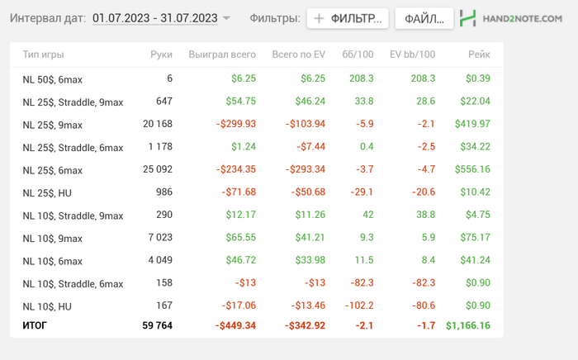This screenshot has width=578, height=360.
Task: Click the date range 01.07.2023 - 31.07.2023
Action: click(155, 17)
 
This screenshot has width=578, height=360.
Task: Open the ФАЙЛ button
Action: click(424, 18)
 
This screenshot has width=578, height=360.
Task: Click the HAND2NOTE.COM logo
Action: click(511, 18)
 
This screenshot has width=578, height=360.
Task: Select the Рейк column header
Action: click(478, 54)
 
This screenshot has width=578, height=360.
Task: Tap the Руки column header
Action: click(161, 54)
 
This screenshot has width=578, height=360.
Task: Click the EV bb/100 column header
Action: click(412, 54)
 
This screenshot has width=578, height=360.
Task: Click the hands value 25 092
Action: click(155, 170)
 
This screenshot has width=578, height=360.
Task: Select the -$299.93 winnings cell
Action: click(235, 124)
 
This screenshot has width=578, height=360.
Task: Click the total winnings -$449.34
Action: click(235, 325)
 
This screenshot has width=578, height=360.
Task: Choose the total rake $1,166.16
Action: click(467, 325)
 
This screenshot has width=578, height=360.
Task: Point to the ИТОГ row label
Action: click(35, 325)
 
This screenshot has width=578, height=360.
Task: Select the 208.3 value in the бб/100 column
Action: click(361, 78)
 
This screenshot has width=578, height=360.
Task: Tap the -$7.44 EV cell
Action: click(307, 147)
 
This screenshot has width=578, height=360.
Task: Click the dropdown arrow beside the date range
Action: click(226, 18)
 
